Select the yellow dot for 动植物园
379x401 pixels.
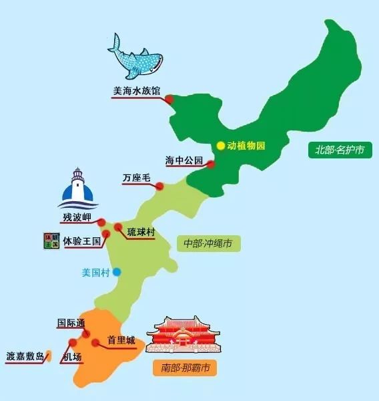(x=221, y=145)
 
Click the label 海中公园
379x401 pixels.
(x=183, y=160)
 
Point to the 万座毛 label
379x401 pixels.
(x=136, y=178)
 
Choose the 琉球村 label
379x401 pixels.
(x=141, y=231)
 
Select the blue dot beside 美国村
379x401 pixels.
(x=117, y=272)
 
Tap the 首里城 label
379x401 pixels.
(x=121, y=340)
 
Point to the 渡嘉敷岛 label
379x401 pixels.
(x=25, y=356)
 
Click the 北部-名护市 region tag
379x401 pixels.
(x=340, y=149)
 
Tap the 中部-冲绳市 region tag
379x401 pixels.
(x=208, y=243)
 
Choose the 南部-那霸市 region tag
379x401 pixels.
(x=185, y=367)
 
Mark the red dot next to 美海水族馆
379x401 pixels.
(x=169, y=100)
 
